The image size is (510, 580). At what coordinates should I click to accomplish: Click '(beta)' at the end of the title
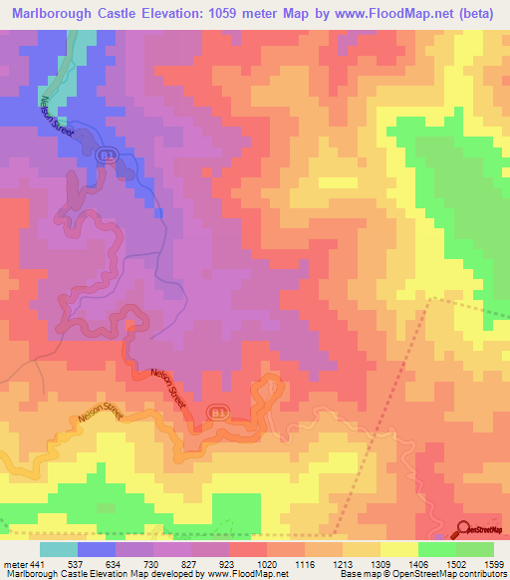[x=477, y=14]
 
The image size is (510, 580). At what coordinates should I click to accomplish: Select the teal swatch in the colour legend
[x=59, y=549]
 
